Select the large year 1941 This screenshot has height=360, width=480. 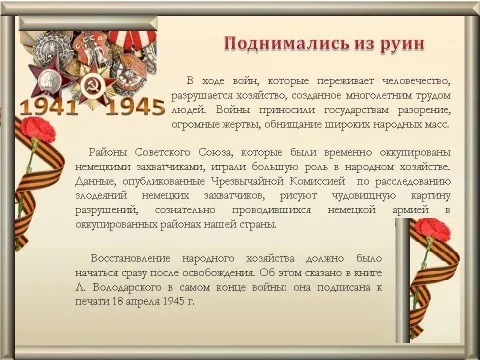tap(49, 107)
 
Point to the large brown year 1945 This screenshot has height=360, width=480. tap(135, 107)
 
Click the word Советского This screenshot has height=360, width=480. tap(163, 153)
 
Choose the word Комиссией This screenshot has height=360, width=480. tap(317, 181)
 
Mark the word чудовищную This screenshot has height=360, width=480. tap(364, 196)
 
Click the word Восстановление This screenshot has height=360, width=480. tap(130, 258)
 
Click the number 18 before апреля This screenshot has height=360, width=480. tap(116, 301)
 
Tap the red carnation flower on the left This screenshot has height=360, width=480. tap(36, 128)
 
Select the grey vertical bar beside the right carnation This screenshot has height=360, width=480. tap(403, 281)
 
